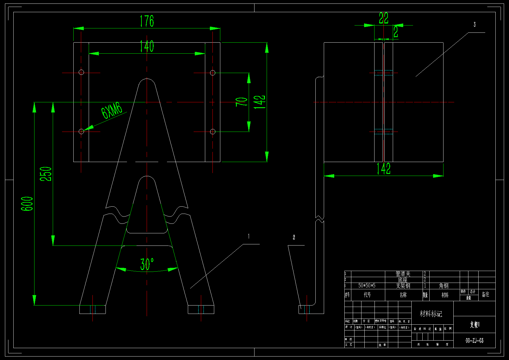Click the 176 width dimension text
(x=147, y=21)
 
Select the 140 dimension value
(x=147, y=46)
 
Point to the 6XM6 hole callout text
(x=112, y=110)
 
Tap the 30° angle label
(x=147, y=264)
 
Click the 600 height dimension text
(x=27, y=204)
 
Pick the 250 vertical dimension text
(x=46, y=174)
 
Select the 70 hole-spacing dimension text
(x=241, y=102)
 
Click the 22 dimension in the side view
(x=383, y=19)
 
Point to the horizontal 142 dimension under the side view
(x=383, y=169)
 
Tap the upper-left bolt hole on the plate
(x=81, y=72)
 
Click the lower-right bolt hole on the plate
(x=213, y=132)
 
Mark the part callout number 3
(x=475, y=25)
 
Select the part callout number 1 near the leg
(x=249, y=237)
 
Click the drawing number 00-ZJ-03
(x=475, y=341)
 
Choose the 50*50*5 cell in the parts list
(x=367, y=286)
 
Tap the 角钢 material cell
(x=444, y=286)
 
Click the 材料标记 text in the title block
(x=431, y=314)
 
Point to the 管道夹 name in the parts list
(x=403, y=274)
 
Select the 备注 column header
(x=486, y=294)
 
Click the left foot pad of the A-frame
(x=92, y=309)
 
